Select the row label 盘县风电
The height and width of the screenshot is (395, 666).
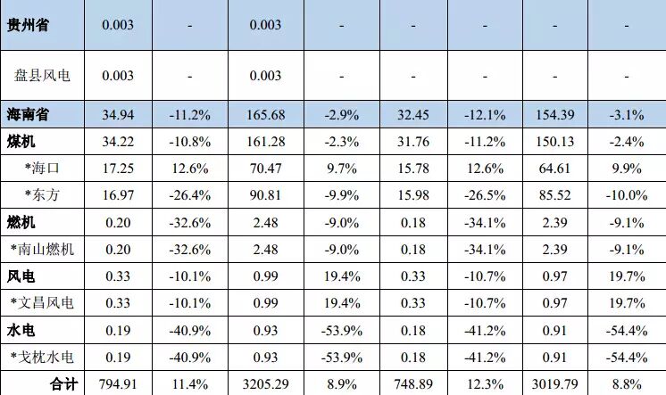tap(42, 76)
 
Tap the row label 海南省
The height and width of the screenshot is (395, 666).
tap(28, 114)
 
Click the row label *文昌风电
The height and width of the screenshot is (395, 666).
tap(42, 303)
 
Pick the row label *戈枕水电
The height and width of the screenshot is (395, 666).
tap(42, 358)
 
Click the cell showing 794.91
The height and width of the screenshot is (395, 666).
tap(118, 384)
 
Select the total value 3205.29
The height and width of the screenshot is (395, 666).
tap(265, 384)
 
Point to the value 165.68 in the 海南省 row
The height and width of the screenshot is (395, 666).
tap(265, 114)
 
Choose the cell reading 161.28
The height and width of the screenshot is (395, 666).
tap(265, 141)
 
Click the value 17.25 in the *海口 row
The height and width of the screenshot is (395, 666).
tap(118, 168)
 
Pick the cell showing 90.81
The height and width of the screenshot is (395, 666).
tap(265, 194)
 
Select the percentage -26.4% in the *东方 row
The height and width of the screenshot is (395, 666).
tap(189, 194)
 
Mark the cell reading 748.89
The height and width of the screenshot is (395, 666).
tap(412, 384)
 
